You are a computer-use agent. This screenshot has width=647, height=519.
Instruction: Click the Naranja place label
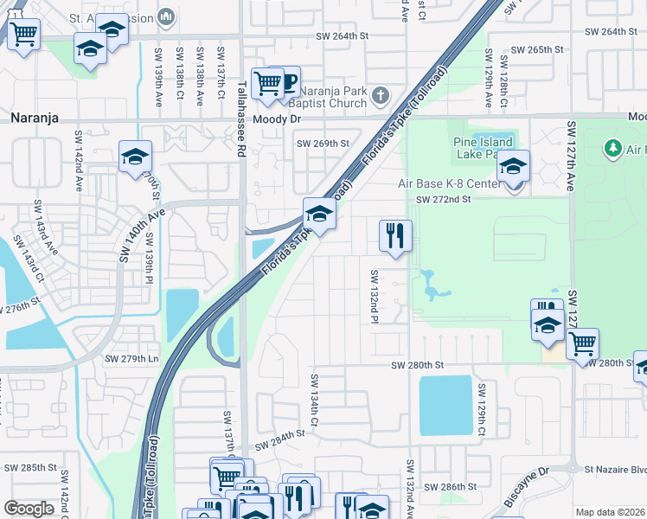[35, 118]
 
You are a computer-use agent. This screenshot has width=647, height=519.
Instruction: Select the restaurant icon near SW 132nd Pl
[395, 234]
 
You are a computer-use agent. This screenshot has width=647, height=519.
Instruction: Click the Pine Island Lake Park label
[482, 148]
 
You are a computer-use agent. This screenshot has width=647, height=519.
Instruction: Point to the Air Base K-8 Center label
[448, 183]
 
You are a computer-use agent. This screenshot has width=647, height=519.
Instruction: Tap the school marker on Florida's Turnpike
[319, 215]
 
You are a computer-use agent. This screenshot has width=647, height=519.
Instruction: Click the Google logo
[29, 509]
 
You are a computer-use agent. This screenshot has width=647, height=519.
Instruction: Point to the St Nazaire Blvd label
[615, 470]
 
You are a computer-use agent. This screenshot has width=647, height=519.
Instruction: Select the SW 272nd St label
[442, 200]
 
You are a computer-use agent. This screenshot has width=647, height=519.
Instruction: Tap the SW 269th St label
[323, 144]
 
